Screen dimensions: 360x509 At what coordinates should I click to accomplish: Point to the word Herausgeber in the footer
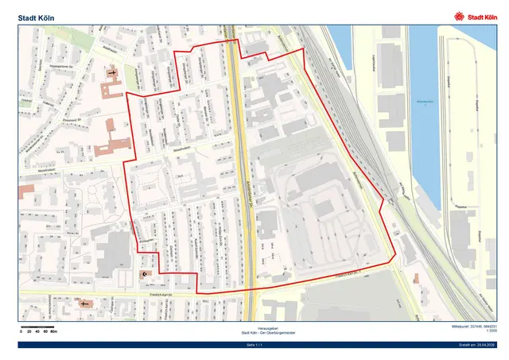point(255,327)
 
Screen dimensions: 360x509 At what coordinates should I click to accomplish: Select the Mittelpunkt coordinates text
point(471,327)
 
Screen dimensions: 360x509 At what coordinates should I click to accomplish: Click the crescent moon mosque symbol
point(144,274)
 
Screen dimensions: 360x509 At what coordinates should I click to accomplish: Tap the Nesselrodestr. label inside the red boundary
point(182,147)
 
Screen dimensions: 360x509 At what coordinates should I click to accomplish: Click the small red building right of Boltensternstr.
point(415,278)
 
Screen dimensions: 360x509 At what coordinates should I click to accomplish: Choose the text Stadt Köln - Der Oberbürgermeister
point(255,332)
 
